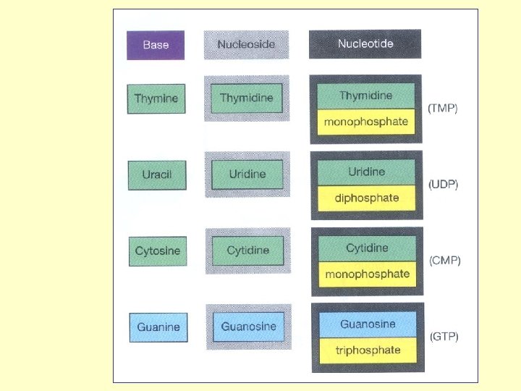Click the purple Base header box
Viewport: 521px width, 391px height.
[x=156, y=45]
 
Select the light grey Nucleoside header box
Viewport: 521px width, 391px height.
[x=246, y=44]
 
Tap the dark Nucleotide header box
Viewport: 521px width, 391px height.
[x=365, y=43]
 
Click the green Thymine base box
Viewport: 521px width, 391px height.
[x=156, y=98]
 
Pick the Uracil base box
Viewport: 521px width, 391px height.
[x=157, y=175]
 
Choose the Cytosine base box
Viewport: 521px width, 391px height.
[x=158, y=251]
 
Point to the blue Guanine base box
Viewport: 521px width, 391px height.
[x=158, y=327]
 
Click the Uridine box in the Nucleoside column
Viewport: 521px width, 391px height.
[x=247, y=174]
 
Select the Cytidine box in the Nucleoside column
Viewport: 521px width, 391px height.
[x=247, y=251]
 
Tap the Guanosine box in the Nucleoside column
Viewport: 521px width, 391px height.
[x=248, y=327]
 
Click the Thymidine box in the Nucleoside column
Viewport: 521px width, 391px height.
[x=246, y=98]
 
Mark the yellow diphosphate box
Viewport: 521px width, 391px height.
[x=366, y=198]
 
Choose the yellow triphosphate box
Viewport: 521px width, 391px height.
[x=368, y=350]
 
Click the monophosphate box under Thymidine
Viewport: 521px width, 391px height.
[x=365, y=121]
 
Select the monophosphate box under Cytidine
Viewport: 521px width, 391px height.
[x=367, y=274]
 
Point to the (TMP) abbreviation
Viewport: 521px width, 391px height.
[x=443, y=109]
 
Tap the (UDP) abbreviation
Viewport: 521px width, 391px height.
[x=444, y=185]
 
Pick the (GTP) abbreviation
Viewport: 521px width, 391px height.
[x=444, y=337]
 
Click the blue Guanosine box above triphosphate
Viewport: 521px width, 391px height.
[x=368, y=324]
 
